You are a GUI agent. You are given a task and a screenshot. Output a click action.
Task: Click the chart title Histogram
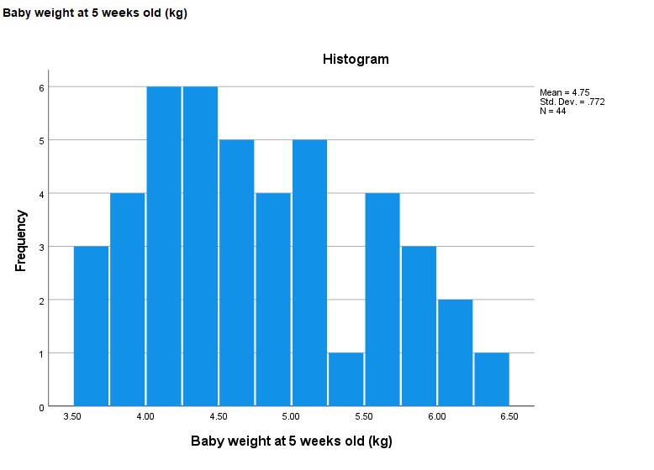point(356,60)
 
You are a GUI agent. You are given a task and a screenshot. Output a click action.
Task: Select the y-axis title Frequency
point(22,240)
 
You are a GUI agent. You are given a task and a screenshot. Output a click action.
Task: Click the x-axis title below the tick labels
point(291,441)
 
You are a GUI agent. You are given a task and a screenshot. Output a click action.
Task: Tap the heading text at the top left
point(95,13)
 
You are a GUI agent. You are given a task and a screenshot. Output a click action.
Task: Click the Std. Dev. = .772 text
point(572,102)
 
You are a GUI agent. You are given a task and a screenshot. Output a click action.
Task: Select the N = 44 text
point(552,111)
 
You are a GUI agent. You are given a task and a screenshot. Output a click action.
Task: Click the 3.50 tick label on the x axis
point(73,416)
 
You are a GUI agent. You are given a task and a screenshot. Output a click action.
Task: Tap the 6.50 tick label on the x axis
point(509,416)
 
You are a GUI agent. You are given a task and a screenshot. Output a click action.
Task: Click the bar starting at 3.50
point(92,326)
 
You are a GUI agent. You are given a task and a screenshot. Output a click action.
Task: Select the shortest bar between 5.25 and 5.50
point(346,379)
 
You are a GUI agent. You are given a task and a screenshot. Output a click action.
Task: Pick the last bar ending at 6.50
point(492,379)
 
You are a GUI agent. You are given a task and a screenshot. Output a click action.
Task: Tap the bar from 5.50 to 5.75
point(382,300)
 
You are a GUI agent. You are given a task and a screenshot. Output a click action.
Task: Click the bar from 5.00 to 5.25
point(309,273)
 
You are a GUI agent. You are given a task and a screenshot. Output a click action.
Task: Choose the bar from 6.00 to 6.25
point(456,352)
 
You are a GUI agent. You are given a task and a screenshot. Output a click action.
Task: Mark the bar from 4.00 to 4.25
point(164,247)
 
